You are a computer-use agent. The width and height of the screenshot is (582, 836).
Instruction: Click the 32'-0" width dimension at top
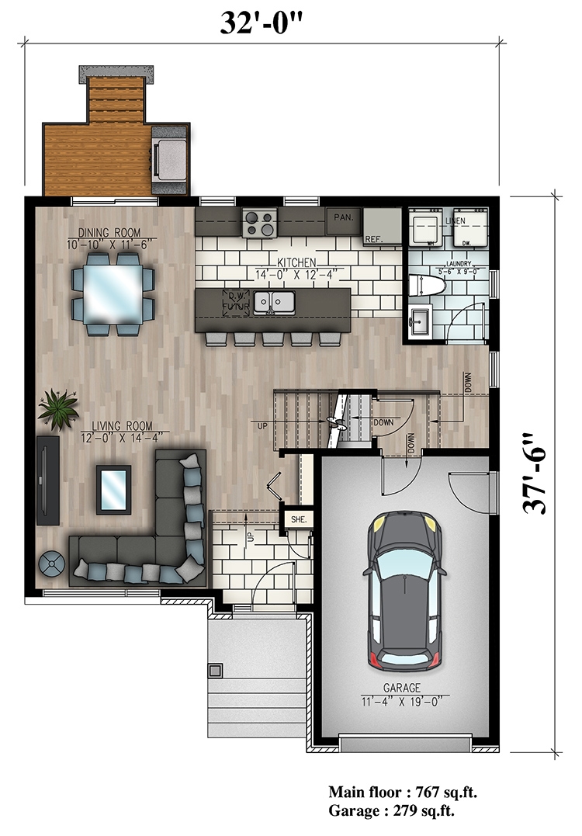[x=260, y=21]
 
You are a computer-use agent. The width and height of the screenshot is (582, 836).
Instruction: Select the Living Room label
[x=120, y=426]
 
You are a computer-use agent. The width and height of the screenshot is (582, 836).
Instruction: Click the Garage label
[x=401, y=688]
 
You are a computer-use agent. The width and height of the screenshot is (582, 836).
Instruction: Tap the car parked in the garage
[x=404, y=591]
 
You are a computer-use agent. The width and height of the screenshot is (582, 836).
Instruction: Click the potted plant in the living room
[x=59, y=408]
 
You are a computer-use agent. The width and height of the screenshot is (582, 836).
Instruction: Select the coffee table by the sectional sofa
[x=113, y=489]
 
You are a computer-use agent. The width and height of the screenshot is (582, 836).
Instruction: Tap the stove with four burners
[x=259, y=224]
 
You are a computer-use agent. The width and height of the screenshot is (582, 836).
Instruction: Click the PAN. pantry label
[x=343, y=218]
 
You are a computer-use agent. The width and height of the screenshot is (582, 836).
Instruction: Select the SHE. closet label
[x=298, y=519]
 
